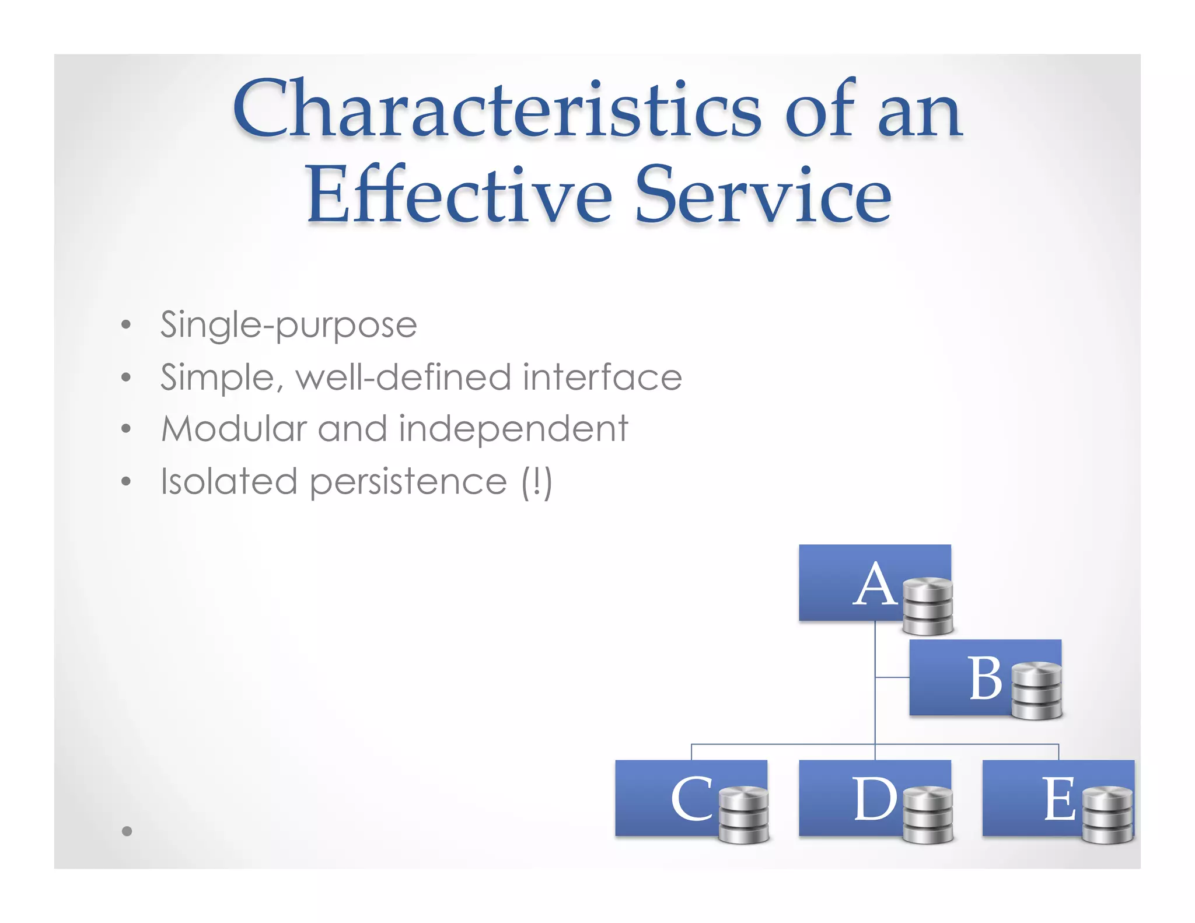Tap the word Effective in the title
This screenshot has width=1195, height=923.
click(x=459, y=195)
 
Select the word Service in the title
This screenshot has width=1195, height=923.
click(x=763, y=195)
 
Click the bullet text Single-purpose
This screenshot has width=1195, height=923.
click(x=288, y=325)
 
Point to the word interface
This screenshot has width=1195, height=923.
click(x=602, y=377)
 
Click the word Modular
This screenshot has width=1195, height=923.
click(x=233, y=429)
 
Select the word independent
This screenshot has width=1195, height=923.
click(x=513, y=429)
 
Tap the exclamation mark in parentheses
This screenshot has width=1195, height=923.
click(x=536, y=482)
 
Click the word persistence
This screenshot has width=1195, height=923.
click(x=408, y=483)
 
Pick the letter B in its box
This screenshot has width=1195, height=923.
click(x=986, y=678)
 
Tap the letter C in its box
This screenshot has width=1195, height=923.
click(x=691, y=799)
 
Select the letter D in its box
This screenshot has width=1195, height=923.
click(x=875, y=799)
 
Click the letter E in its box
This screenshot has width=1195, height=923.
click(x=1058, y=799)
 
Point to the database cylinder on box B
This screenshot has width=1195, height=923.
click(x=1036, y=691)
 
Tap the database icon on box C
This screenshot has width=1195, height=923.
click(x=743, y=815)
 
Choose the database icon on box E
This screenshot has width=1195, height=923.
click(x=1107, y=815)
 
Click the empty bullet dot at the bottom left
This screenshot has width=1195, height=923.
click(x=127, y=831)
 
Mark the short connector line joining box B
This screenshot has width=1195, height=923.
click(x=892, y=677)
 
